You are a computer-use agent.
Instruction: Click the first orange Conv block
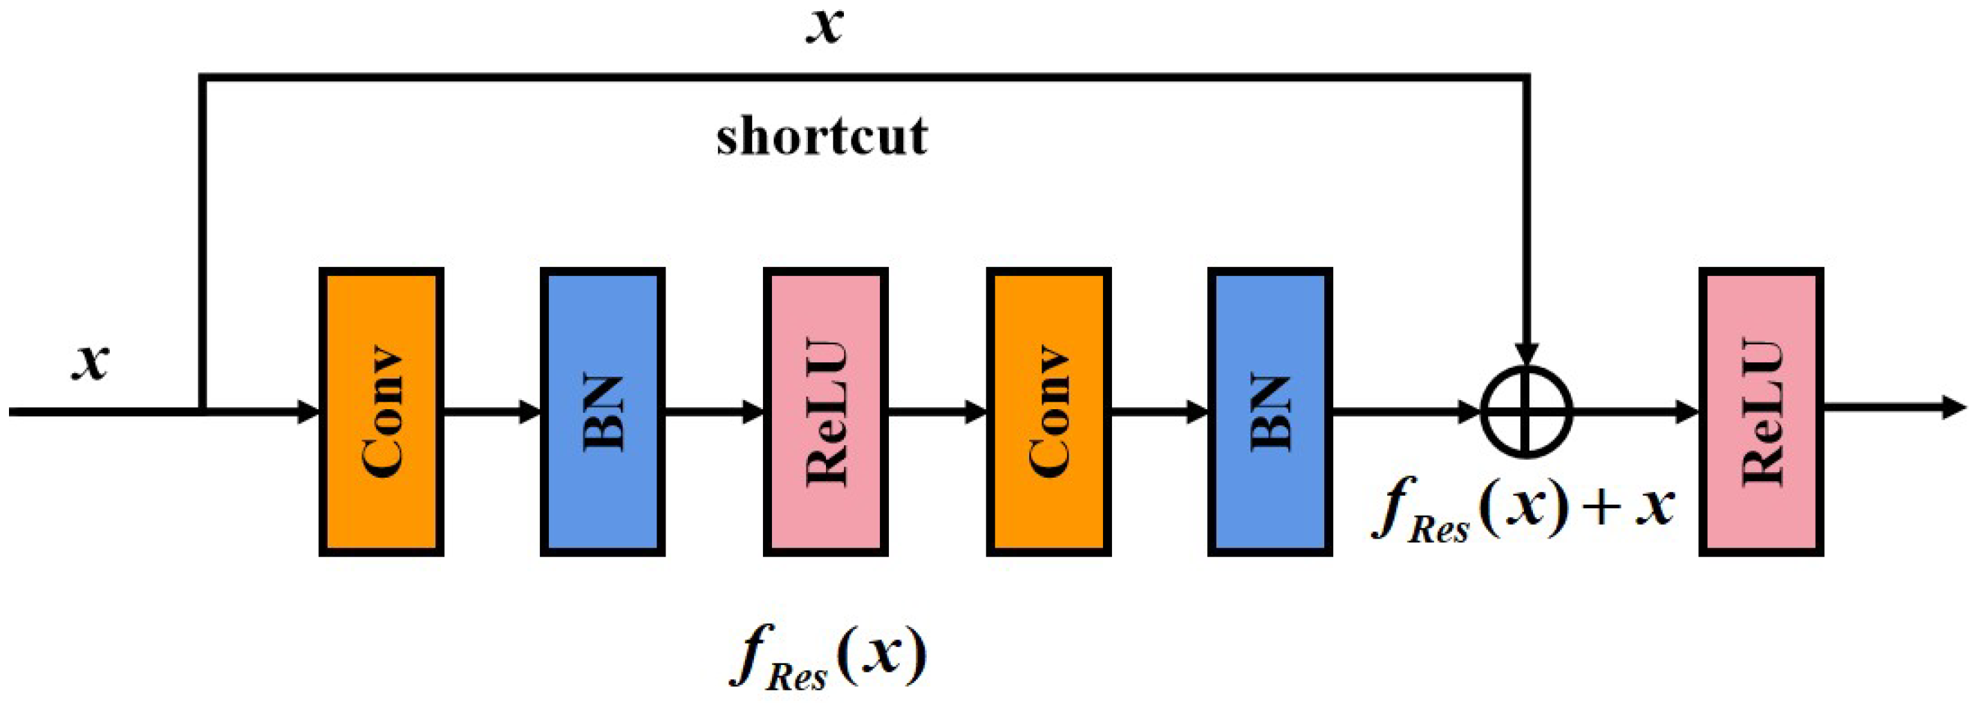382,412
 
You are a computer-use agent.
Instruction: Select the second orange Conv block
1048,412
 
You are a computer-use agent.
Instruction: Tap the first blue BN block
602,412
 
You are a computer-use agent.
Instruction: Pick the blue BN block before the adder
1270,412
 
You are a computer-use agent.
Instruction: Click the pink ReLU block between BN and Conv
825,412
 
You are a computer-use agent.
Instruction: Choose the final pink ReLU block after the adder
1761,412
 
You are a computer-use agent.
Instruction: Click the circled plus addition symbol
1527,412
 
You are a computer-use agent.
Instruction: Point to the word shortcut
822,137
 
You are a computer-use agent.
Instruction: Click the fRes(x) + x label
1523,510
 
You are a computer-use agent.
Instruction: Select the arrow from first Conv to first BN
491,412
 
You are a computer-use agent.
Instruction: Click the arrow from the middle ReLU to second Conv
937,412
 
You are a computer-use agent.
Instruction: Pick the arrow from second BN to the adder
1404,412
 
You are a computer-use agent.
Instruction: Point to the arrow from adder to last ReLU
1634,412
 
